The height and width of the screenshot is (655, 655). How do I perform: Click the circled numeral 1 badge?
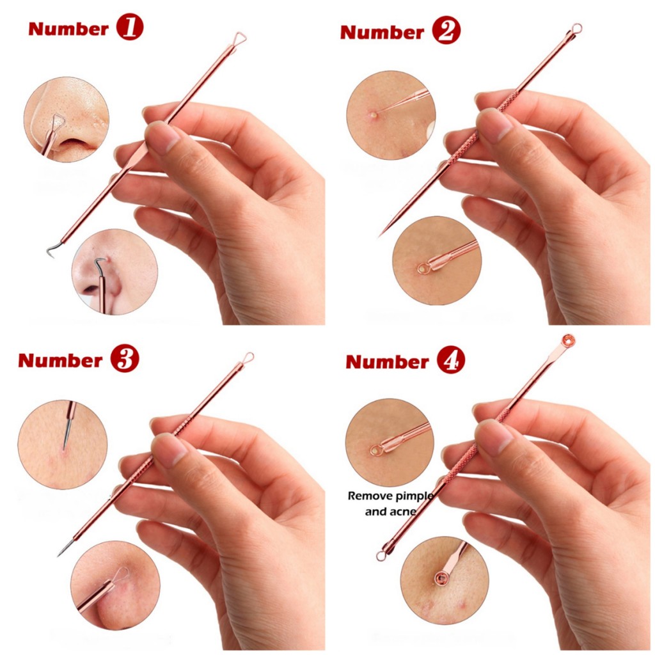click(x=130, y=28)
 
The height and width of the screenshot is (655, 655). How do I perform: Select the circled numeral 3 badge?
click(x=125, y=359)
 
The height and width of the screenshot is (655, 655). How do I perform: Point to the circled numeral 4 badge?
click(x=451, y=360)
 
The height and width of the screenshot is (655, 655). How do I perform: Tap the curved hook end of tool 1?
click(x=52, y=251)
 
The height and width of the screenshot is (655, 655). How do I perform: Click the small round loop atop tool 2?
click(x=576, y=28)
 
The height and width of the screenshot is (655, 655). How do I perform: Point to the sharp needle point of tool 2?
click(x=380, y=235)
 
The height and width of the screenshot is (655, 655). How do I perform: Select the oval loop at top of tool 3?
click(x=248, y=358)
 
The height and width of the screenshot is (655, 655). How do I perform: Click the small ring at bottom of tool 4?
click(x=381, y=555)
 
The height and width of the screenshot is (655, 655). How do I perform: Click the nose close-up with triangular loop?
click(x=67, y=120)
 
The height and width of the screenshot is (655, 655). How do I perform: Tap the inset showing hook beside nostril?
click(x=115, y=271)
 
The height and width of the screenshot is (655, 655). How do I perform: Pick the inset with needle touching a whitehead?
click(x=391, y=114)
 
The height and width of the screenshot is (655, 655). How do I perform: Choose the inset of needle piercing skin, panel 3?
click(x=63, y=445)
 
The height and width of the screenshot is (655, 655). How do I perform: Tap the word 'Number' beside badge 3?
click(x=60, y=361)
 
